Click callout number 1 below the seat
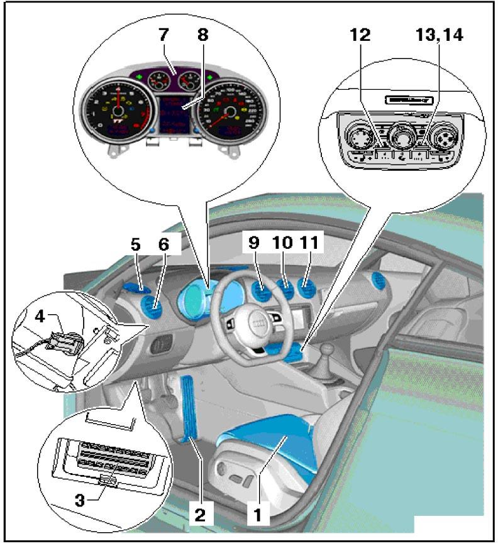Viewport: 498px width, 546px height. tap(257, 515)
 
